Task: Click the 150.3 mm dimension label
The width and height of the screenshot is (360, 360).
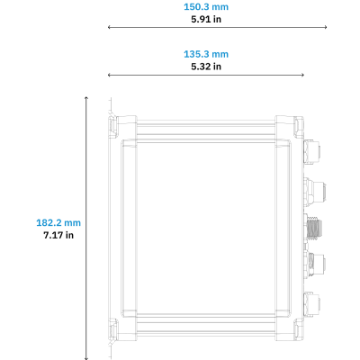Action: (x=206, y=7)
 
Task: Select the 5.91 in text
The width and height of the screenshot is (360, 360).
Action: (x=206, y=19)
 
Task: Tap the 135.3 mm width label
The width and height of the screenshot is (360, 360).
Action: (x=206, y=54)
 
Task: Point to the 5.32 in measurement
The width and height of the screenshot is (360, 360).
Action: (x=206, y=67)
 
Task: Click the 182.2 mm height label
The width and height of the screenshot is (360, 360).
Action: (x=58, y=223)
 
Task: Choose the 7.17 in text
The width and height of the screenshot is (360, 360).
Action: (x=58, y=235)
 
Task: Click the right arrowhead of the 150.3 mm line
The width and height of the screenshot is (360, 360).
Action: (x=326, y=27)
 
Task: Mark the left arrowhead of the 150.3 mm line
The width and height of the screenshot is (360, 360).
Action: (x=109, y=27)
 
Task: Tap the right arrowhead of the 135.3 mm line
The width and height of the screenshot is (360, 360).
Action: (x=302, y=75)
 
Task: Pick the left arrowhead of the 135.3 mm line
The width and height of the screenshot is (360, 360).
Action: (x=109, y=75)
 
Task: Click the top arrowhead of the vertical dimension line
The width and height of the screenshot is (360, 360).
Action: (x=86, y=98)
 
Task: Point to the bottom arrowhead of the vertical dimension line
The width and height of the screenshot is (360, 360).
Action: (x=86, y=358)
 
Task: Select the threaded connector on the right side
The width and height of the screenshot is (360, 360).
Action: (x=313, y=227)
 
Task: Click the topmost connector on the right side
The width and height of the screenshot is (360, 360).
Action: (x=312, y=151)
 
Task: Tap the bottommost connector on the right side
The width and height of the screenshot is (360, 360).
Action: (x=312, y=304)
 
